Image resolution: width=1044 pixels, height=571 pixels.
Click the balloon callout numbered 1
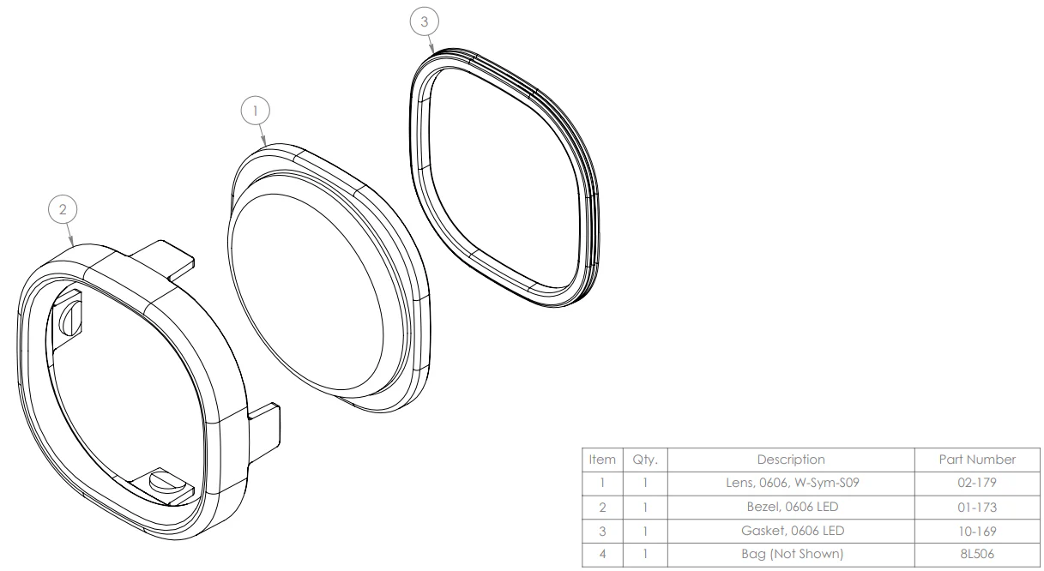(255, 111)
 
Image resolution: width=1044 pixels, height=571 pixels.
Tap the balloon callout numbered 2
(63, 209)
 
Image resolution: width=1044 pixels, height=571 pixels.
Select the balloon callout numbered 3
(424, 21)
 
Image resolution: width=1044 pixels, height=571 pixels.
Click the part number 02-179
(977, 483)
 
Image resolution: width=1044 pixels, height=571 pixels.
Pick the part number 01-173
(977, 507)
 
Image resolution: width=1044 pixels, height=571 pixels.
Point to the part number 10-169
(977, 531)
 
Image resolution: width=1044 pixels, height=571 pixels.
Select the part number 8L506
(977, 554)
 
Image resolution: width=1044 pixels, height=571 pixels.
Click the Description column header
(791, 460)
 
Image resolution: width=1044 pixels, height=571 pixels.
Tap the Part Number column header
(977, 460)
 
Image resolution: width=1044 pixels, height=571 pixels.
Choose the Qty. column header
(645, 460)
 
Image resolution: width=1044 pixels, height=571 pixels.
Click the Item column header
(602, 460)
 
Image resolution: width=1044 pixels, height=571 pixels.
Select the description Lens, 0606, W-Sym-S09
(793, 483)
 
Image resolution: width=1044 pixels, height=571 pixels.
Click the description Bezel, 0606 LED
(793, 507)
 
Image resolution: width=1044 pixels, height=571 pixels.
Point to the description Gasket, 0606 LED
(793, 531)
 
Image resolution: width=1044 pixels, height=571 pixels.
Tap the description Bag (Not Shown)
(793, 554)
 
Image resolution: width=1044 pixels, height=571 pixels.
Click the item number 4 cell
(602, 554)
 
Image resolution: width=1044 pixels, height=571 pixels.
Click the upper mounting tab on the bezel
(164, 260)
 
